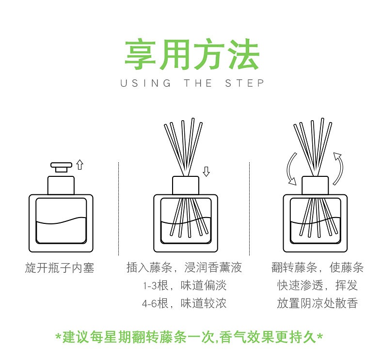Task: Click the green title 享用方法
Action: click(x=192, y=54)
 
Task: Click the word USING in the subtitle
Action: click(x=146, y=83)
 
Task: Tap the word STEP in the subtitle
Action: click(x=244, y=83)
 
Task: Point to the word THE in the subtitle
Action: click(x=198, y=83)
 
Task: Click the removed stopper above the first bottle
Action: click(x=61, y=167)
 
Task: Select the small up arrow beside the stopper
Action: click(x=80, y=165)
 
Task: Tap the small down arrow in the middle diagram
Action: click(x=206, y=172)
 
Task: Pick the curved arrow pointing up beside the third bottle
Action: click(x=338, y=169)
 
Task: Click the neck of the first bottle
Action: click(x=61, y=185)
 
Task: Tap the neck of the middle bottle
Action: click(x=186, y=185)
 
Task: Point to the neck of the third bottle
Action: click(x=315, y=185)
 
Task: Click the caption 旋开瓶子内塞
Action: click(x=60, y=268)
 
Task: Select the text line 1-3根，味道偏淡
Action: click(x=185, y=285)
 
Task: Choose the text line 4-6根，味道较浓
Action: click(x=184, y=303)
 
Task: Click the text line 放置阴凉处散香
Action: click(x=317, y=303)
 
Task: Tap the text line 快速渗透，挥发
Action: click(x=317, y=285)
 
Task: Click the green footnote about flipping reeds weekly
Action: click(x=189, y=337)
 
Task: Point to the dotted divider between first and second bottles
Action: click(x=118, y=209)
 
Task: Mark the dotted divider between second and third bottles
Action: click(x=249, y=209)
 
